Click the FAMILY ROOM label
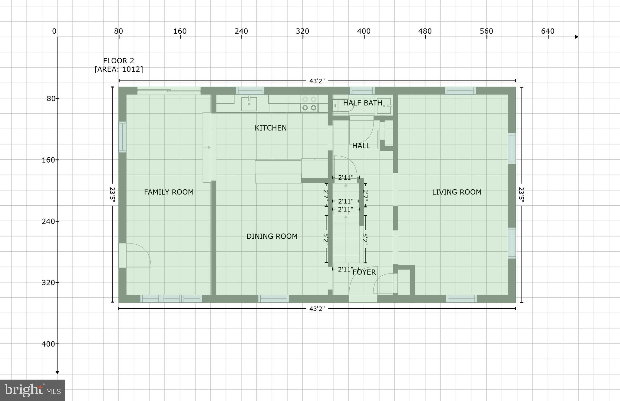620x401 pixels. [169, 192]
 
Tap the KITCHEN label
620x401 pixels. [270, 128]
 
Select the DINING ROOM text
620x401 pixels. [272, 236]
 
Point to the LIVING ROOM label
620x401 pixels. [456, 192]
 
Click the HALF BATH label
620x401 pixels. [362, 103]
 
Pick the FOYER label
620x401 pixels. [364, 272]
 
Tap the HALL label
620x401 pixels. [361, 146]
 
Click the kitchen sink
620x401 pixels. [249, 104]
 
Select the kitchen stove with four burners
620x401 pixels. [309, 104]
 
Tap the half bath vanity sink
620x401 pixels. [384, 106]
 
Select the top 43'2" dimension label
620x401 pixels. [317, 81]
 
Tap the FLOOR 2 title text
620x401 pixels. [118, 61]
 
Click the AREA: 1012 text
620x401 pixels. [118, 69]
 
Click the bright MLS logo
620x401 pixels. [32, 390]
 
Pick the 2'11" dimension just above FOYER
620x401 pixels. [345, 269]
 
